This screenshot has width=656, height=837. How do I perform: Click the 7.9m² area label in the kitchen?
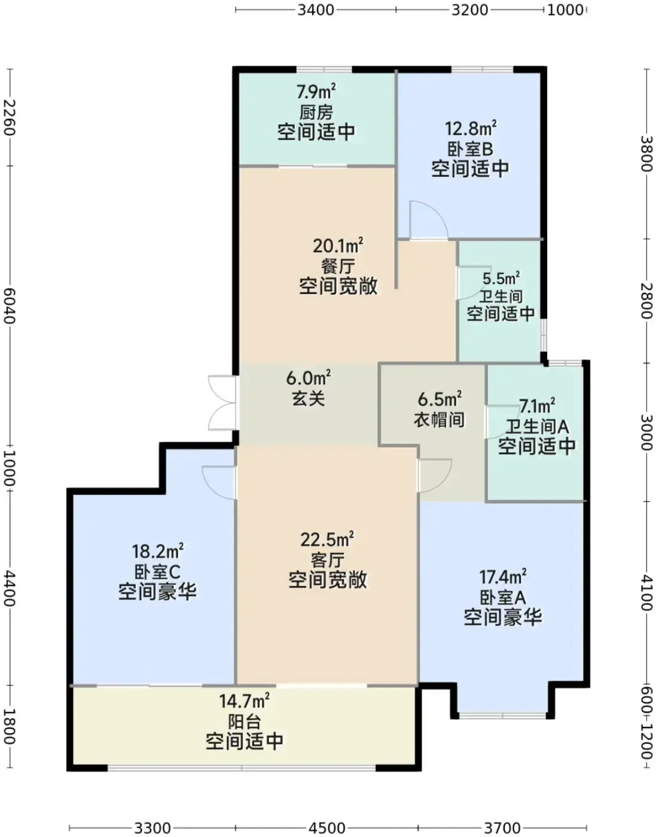click(x=316, y=91)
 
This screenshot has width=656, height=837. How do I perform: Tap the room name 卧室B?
click(x=470, y=149)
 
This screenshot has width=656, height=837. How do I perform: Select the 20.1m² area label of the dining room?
click(x=338, y=245)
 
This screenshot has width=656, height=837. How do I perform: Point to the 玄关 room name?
click(x=308, y=398)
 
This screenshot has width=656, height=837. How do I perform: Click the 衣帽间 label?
click(x=439, y=420)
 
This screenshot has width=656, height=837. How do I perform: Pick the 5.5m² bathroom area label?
click(x=501, y=278)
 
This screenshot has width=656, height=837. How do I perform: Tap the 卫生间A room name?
click(x=538, y=427)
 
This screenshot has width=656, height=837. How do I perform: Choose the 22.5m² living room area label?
click(x=327, y=539)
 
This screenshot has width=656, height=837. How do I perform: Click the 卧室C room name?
click(x=157, y=572)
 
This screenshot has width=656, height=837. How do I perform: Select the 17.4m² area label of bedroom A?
click(x=503, y=577)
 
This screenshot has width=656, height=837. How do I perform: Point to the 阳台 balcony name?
click(x=244, y=722)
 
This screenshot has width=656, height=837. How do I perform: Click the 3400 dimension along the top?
click(x=316, y=10)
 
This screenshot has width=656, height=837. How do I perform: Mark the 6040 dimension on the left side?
click(x=9, y=307)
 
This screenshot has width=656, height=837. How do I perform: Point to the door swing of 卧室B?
click(x=428, y=220)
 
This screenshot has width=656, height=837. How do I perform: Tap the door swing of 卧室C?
click(x=219, y=483)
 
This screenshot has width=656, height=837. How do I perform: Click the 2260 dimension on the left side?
click(x=9, y=118)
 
